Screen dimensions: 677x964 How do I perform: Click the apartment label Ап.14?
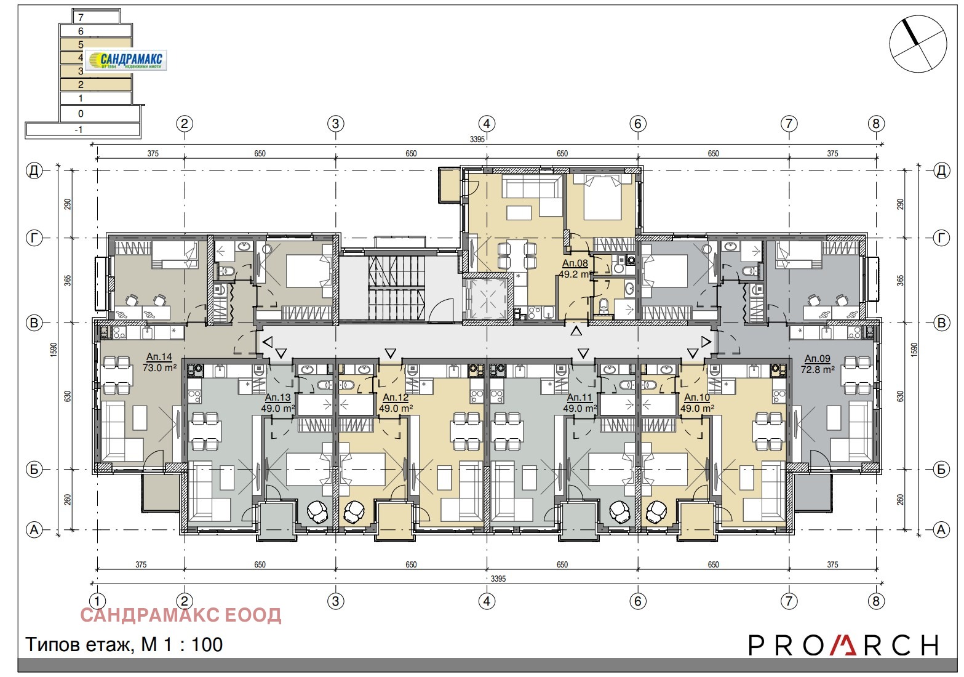(159, 356)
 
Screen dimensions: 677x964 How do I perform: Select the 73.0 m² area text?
(159, 367)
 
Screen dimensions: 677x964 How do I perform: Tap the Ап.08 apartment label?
(575, 263)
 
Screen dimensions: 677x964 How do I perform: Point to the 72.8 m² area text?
(818, 369)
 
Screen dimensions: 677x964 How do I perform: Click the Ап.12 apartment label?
(396, 398)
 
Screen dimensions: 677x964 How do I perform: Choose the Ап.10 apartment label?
(697, 398)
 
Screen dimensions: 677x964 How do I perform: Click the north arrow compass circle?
(918, 43)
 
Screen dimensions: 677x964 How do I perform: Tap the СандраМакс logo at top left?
(126, 60)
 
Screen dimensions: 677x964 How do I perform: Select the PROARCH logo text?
(843, 645)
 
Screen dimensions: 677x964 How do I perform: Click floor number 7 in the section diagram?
(82, 17)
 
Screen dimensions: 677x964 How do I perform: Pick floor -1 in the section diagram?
(79, 130)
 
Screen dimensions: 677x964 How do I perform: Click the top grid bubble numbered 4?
(487, 124)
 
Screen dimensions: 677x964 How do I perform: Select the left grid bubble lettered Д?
(34, 170)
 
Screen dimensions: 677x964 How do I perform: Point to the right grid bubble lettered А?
(941, 530)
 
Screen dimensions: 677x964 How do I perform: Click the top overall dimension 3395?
(477, 140)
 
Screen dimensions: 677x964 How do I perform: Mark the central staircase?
(397, 287)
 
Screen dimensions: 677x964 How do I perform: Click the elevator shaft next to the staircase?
(487, 301)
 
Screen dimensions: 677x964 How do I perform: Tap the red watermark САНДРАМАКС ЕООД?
(181, 615)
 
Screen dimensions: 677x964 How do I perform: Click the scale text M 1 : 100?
(181, 644)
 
